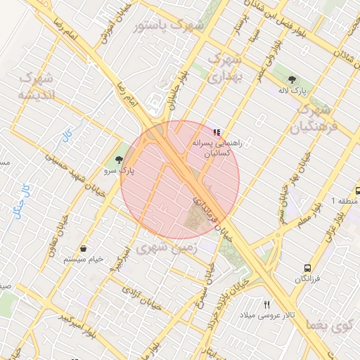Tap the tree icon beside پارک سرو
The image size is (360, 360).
pyautogui.click(x=118, y=160)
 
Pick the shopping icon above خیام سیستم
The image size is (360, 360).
pyautogui.click(x=84, y=249)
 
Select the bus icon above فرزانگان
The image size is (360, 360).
pyautogui.click(x=307, y=268)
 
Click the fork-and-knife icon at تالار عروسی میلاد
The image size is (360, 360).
pyautogui.click(x=266, y=304)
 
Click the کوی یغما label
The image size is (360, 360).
pyautogui.click(x=331, y=326)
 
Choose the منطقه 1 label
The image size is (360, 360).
pyautogui.click(x=345, y=202)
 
